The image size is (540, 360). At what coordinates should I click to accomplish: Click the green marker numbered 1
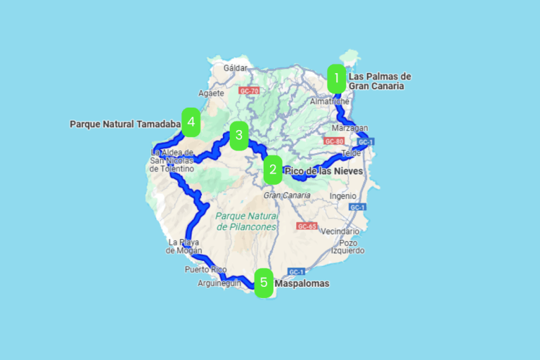pos(337,79)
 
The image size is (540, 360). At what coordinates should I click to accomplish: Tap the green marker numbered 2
pos(273,169)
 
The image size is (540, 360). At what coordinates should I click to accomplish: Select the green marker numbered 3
pos(239,136)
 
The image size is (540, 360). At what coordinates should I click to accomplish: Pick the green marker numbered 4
pos(191,122)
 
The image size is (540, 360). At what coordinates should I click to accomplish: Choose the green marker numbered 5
pos(264,283)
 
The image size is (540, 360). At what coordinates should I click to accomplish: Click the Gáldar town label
pos(236,68)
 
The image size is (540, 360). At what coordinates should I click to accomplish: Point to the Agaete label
pos(211,93)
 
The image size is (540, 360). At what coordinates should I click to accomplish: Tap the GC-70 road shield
pos(249,91)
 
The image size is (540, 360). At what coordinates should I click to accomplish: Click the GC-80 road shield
pos(333,141)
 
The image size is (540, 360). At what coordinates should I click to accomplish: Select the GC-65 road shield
pos(307,226)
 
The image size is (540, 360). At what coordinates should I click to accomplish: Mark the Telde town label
pos(351,153)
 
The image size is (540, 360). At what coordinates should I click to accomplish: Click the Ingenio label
pos(342,196)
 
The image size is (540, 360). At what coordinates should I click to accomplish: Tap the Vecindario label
pos(340,231)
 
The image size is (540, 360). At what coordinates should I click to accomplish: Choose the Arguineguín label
pos(219,283)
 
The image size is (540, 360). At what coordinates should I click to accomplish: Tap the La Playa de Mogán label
pos(185,246)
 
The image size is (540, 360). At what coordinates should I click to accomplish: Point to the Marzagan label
pos(349,128)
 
